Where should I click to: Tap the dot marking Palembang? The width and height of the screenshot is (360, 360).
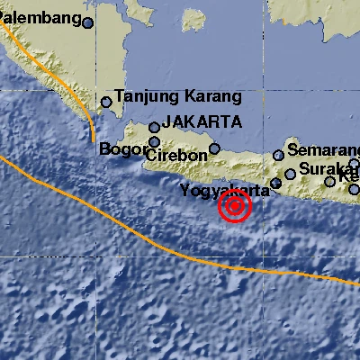[87, 23]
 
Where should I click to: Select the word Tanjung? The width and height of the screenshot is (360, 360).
[144, 97]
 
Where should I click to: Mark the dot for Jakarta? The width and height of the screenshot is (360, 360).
[155, 128]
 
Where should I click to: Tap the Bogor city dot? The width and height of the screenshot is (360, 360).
[155, 141]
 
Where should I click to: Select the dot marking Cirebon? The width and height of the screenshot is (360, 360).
[214, 148]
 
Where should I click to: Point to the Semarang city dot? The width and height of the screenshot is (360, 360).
[278, 156]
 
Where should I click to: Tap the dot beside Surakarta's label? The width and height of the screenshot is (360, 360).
[291, 175]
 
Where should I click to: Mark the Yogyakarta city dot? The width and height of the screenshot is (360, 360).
[276, 184]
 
